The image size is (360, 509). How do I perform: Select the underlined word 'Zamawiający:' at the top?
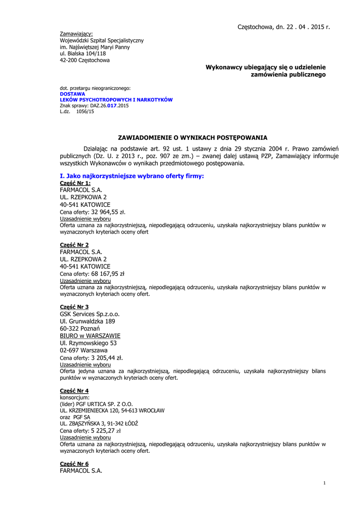76,34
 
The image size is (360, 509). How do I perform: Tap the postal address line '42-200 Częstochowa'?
85,60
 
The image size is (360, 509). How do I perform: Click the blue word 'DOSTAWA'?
73,93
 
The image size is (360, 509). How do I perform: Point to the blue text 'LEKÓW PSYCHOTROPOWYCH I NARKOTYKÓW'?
116,99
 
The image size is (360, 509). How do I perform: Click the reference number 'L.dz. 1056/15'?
77,111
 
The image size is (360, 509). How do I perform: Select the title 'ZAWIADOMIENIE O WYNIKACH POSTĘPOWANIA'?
192,137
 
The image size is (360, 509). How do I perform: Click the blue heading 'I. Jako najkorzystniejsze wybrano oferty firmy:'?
132,176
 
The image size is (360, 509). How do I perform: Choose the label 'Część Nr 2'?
75,245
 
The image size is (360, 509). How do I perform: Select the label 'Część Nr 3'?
75,307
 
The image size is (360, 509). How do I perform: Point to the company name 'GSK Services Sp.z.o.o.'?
90,314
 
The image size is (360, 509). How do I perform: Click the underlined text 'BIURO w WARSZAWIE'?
90,336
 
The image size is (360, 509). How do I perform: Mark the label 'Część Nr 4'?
75,391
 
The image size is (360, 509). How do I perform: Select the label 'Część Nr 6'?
75,463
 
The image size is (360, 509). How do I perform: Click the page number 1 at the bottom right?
324,483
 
